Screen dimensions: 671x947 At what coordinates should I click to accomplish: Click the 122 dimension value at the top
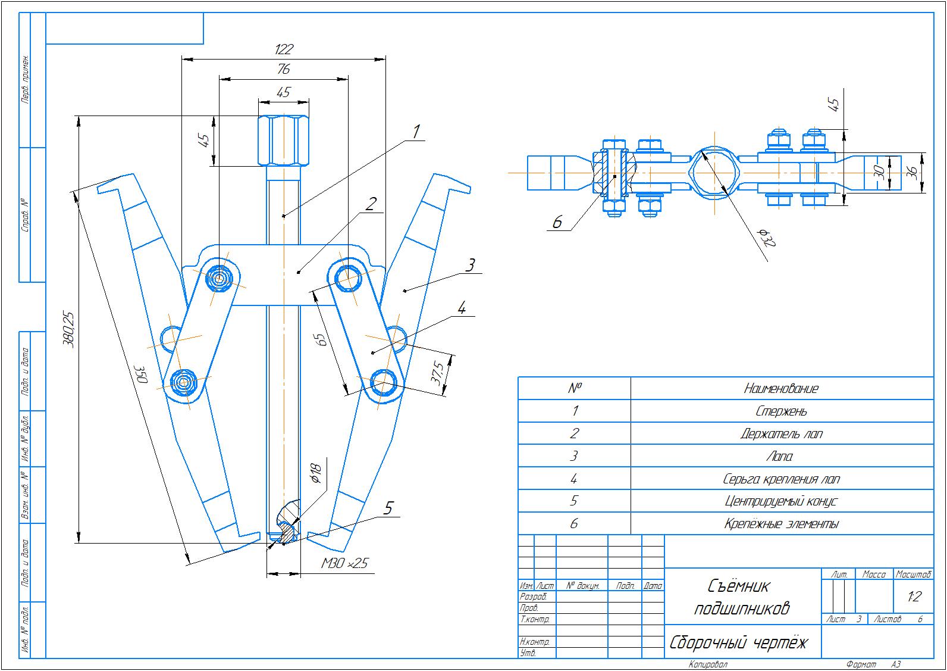[x=284, y=49]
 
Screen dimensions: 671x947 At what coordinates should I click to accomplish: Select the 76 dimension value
[x=284, y=69]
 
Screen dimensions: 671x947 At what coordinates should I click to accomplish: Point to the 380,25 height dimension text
[x=70, y=329]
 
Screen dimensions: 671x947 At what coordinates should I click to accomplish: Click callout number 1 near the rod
[x=417, y=131]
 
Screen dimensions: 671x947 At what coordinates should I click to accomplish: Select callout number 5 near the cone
[x=388, y=508]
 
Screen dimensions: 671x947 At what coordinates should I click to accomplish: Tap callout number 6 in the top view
[x=557, y=222]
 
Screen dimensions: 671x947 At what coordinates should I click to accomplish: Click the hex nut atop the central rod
[x=284, y=141]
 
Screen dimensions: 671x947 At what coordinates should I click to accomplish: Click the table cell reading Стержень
[x=782, y=411]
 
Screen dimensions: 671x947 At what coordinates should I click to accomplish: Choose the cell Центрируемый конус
[x=782, y=501]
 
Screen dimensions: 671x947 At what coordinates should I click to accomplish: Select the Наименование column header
[x=782, y=389]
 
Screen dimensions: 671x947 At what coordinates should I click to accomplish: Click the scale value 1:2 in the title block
[x=914, y=597]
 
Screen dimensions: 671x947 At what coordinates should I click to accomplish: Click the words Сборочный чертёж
[x=739, y=643]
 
